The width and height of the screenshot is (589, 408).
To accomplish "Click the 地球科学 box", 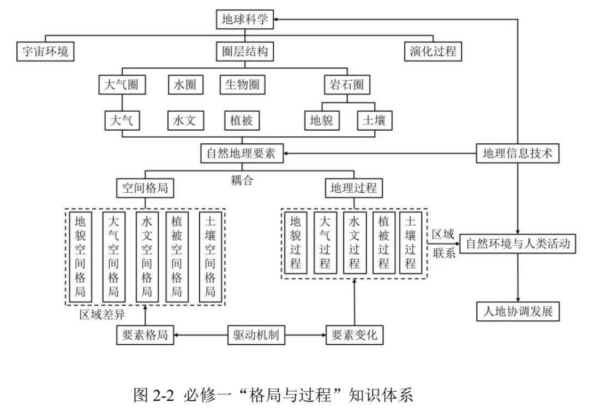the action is tap(245, 20).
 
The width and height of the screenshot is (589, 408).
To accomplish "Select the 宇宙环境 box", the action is tap(45, 51).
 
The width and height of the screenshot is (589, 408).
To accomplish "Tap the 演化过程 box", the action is tap(433, 51).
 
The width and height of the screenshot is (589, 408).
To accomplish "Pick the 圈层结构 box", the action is tap(245, 51).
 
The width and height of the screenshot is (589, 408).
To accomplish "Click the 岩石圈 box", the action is tap(347, 84).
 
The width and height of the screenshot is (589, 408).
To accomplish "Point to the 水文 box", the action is tap(185, 120).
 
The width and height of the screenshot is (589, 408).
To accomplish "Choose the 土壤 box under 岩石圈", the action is tap(375, 120).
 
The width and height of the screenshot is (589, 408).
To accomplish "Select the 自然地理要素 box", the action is tap(242, 153).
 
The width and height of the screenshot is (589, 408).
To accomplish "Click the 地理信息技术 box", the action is tap(518, 153).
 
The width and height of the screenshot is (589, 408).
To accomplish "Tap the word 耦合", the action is tap(242, 180).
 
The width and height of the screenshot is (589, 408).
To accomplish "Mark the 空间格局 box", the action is tap(145, 188).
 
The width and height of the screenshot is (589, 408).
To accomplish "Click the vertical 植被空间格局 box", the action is tap(177, 257).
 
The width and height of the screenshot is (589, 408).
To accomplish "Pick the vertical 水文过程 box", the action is tap(354, 243).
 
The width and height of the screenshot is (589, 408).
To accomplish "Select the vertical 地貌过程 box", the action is tap(296, 243).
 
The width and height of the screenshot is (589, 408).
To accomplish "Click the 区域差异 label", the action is tap(102, 314).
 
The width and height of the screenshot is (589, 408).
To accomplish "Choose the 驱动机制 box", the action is tap(256, 335).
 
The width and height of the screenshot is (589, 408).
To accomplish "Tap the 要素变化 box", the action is tap(354, 335).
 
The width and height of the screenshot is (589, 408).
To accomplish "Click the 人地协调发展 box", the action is tap(518, 312).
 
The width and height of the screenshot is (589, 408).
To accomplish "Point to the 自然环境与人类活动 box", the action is tap(518, 243).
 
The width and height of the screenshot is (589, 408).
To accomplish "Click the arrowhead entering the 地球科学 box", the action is tap(277, 20).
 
